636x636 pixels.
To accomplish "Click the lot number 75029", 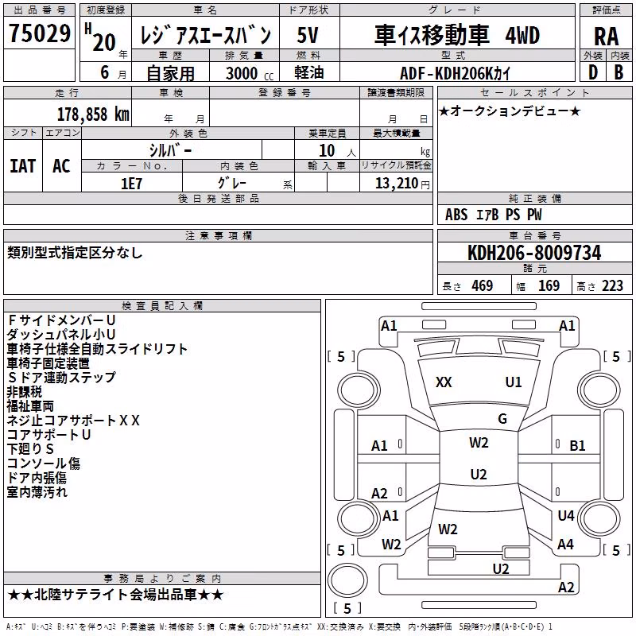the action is pyautogui.click(x=40, y=33).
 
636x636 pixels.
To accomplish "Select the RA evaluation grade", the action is pyautogui.click(x=606, y=37).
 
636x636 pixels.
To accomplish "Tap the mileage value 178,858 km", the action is pyautogui.click(x=93, y=114).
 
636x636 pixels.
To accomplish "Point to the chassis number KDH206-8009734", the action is pyautogui.click(x=534, y=253).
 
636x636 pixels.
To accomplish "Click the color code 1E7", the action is pyautogui.click(x=131, y=184).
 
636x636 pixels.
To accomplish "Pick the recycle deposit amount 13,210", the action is pyautogui.click(x=396, y=184).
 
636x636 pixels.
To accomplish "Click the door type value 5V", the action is pyautogui.click(x=308, y=35).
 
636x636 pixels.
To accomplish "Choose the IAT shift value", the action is pyautogui.click(x=23, y=166).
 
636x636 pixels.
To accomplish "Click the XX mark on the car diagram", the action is pyautogui.click(x=444, y=382).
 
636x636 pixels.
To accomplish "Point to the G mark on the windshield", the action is pyautogui.click(x=502, y=418).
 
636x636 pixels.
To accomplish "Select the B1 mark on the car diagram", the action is pyautogui.click(x=577, y=446).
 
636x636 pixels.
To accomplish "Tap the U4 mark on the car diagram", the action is pyautogui.click(x=566, y=515).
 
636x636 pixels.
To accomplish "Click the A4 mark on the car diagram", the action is pyautogui.click(x=565, y=545).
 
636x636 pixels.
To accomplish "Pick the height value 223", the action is pyautogui.click(x=612, y=286).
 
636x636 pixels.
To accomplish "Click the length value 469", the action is pyautogui.click(x=483, y=286).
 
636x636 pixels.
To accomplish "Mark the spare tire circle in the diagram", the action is pyautogui.click(x=347, y=580).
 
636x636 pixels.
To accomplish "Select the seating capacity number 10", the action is pyautogui.click(x=327, y=151).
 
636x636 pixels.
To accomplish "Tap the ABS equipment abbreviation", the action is pyautogui.click(x=456, y=215).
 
